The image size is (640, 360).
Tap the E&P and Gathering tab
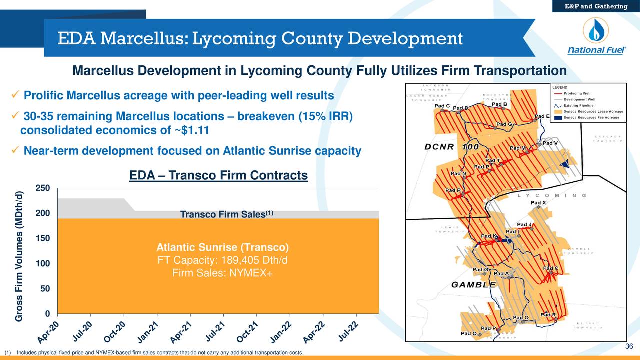596,6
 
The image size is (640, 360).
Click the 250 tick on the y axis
43,188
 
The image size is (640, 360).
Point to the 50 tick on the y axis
45,289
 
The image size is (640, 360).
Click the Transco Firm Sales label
226,215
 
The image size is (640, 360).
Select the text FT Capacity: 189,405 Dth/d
222,261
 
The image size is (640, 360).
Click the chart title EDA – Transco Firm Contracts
218,175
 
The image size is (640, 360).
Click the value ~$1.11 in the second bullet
191,131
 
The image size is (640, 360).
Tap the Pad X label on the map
538,203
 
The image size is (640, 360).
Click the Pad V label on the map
549,143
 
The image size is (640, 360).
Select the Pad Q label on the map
468,333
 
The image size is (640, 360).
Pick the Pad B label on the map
499,104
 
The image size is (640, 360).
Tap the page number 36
629,348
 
